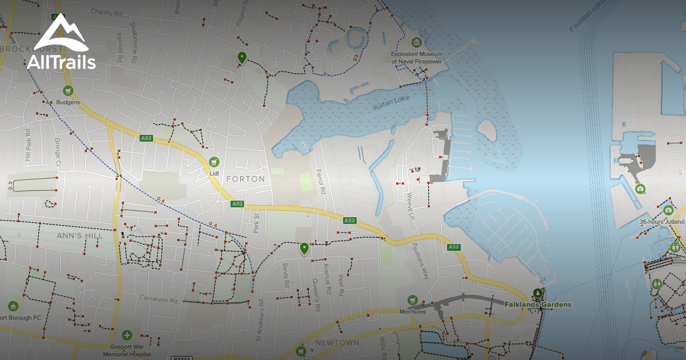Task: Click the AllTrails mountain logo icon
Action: point(61,33)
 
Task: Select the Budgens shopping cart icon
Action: point(68,91)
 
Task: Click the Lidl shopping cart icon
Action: point(214,162)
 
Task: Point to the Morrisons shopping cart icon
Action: point(413,300)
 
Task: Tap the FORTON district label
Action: point(246,179)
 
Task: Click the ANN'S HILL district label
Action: point(80,235)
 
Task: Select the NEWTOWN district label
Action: point(337,343)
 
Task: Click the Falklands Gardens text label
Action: point(537,305)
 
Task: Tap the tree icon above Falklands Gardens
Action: point(537,293)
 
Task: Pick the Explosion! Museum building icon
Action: point(417,42)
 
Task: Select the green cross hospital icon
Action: point(127,335)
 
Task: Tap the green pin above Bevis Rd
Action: point(304,248)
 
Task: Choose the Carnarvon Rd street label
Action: point(158,299)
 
